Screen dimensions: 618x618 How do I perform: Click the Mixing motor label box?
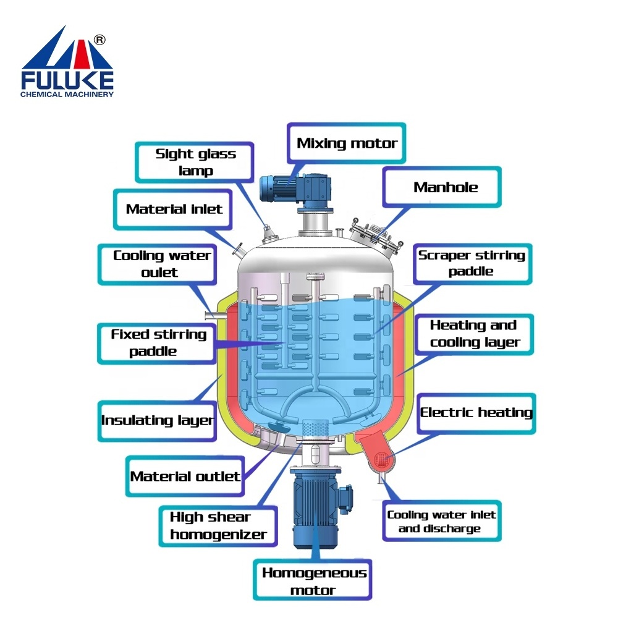click(347, 143)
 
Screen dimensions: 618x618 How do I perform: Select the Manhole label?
click(446, 187)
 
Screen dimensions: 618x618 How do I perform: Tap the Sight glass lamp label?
click(195, 162)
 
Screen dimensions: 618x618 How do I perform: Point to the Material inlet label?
click(174, 209)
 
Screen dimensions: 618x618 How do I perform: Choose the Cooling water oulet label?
click(161, 264)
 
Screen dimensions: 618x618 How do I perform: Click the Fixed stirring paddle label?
click(158, 342)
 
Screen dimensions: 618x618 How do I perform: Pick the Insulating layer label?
click(157, 420)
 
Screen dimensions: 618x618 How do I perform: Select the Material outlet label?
click(185, 476)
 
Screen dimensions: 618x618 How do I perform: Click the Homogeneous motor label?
click(314, 581)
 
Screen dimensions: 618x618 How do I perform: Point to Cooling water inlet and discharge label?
click(441, 522)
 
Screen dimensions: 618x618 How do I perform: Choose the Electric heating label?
click(476, 412)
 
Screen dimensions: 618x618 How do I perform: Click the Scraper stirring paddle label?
click(472, 263)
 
